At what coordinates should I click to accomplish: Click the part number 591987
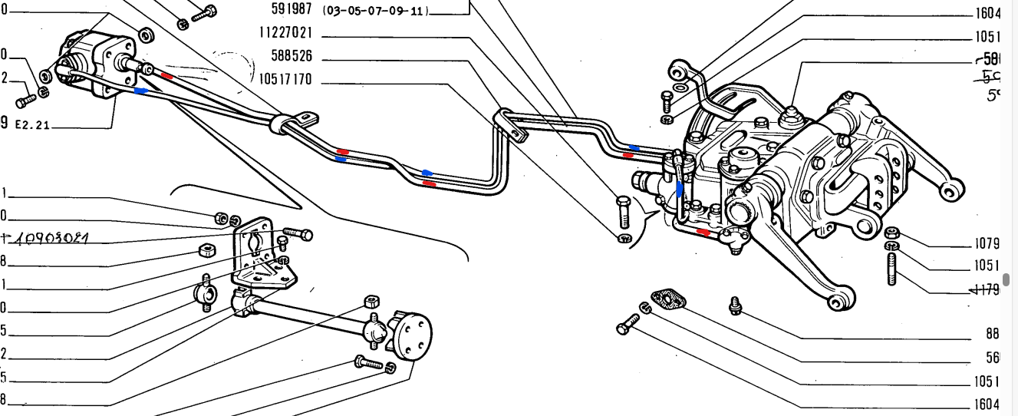(291, 10)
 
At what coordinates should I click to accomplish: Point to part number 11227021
(285, 34)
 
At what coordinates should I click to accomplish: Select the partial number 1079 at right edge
(987, 244)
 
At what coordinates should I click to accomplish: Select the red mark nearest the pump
(168, 77)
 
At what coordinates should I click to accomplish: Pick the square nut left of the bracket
(206, 249)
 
